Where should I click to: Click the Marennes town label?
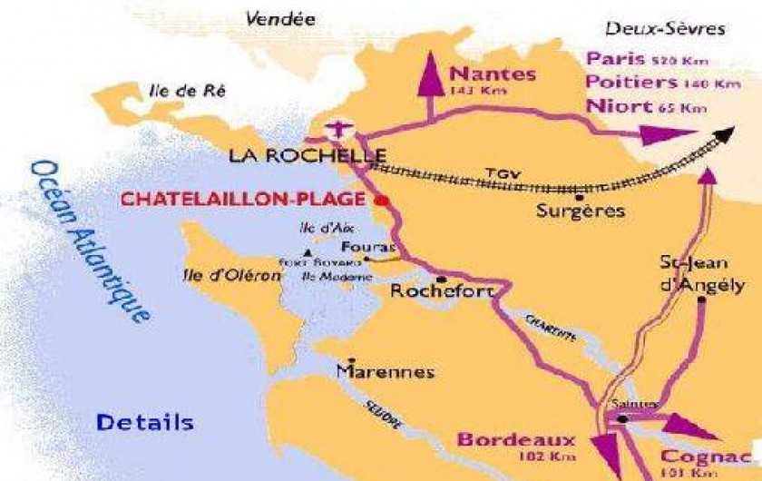[x=372, y=372]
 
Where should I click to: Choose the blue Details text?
[x=145, y=422]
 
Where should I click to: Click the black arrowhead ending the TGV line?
[x=723, y=136]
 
